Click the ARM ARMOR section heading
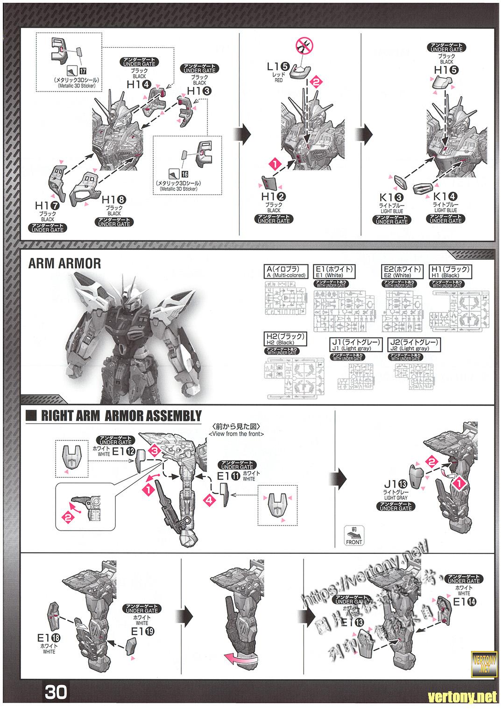64,263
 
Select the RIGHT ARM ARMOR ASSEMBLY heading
121,416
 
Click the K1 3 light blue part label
392,198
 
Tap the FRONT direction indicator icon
354,536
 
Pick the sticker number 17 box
83,71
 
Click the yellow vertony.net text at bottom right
463,697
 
